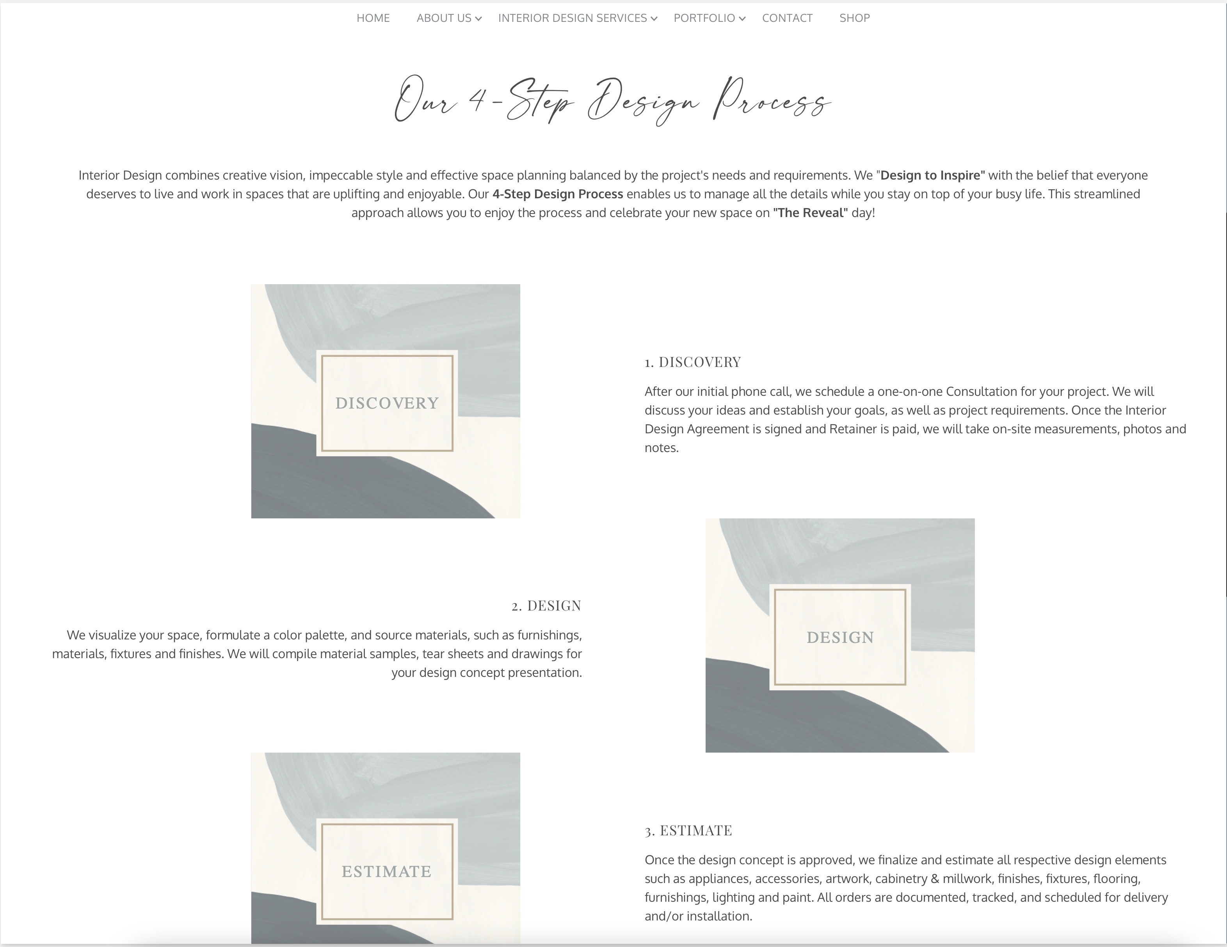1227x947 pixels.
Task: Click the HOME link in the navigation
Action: coord(373,18)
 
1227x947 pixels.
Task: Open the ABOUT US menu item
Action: coord(444,18)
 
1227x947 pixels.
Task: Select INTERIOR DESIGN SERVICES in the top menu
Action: coord(573,18)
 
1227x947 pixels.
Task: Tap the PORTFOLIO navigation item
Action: coord(704,18)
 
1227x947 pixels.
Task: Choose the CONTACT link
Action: coord(787,18)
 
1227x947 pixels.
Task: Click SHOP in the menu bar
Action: coord(855,18)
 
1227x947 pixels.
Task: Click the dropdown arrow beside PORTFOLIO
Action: coord(742,19)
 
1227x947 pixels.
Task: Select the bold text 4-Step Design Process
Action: coord(557,194)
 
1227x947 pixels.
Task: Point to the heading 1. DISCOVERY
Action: coord(693,362)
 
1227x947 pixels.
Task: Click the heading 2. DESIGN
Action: coord(546,605)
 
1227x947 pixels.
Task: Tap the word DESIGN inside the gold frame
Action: coord(840,637)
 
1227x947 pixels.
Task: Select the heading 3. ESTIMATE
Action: coord(688,830)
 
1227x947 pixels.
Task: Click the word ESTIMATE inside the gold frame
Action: coord(386,871)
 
